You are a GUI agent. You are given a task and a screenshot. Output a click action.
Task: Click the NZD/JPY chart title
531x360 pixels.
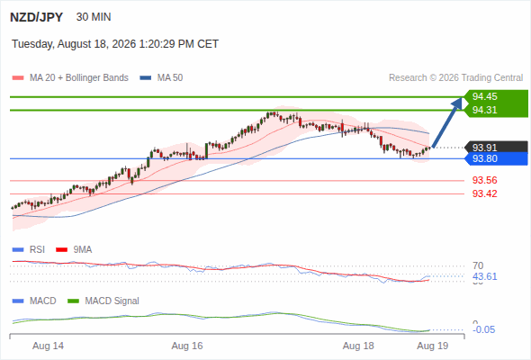point(37,17)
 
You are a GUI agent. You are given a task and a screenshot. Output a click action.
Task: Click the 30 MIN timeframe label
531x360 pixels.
point(94,16)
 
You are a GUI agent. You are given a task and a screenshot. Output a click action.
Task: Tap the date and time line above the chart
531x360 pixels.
point(115,44)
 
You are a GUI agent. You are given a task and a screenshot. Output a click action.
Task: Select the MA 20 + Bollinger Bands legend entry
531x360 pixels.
point(70,78)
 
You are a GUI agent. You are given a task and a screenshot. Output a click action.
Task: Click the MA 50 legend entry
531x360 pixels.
point(161,78)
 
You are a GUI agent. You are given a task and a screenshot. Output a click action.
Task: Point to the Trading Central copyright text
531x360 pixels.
point(455,78)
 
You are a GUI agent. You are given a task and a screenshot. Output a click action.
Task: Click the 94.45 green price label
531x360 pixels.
point(484,96)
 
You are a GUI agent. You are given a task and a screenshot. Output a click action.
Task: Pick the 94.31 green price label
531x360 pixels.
point(484,110)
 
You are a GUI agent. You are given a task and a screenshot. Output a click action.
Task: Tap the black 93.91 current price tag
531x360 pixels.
point(496,148)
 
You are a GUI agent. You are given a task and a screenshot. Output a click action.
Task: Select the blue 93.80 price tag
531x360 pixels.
point(496,158)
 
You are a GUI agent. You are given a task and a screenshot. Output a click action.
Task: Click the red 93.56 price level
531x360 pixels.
point(484,180)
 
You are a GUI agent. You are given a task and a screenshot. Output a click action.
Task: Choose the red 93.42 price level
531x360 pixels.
point(484,193)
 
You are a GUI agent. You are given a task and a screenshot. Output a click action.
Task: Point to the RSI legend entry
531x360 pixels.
point(29,249)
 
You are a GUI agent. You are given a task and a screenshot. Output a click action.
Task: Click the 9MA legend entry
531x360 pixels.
point(74,249)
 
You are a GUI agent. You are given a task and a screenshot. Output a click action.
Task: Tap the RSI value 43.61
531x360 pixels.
point(484,276)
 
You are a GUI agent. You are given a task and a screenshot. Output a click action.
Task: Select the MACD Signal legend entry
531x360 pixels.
point(103,301)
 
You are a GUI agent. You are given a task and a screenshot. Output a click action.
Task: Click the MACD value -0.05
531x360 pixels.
point(483,329)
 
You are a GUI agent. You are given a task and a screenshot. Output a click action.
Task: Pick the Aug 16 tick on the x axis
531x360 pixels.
point(187,346)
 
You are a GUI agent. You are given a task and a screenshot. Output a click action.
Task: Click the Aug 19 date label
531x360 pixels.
point(433,346)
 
